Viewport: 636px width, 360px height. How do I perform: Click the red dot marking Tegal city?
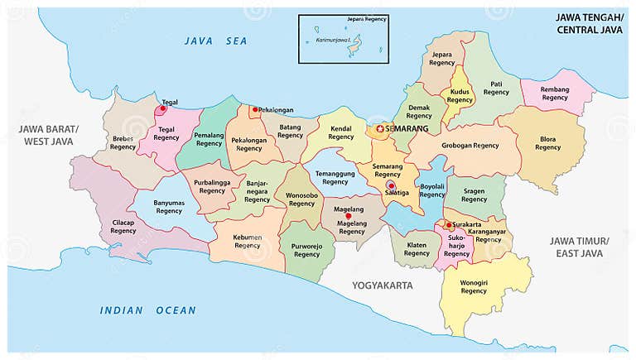tap(163, 108)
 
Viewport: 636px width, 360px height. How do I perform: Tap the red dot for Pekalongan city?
tap(255, 108)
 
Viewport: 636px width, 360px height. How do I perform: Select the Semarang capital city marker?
tap(380, 129)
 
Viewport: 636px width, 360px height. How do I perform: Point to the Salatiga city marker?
tap(391, 185)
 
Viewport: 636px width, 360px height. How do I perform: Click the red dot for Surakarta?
tap(449, 224)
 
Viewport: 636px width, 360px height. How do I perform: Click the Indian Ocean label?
tap(148, 310)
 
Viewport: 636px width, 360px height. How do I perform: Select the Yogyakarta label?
tap(382, 286)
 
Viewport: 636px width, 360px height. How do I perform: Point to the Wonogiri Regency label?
tap(474, 286)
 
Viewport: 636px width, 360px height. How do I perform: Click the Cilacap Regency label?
tap(123, 226)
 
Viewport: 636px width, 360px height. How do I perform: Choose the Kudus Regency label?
tap(460, 95)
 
